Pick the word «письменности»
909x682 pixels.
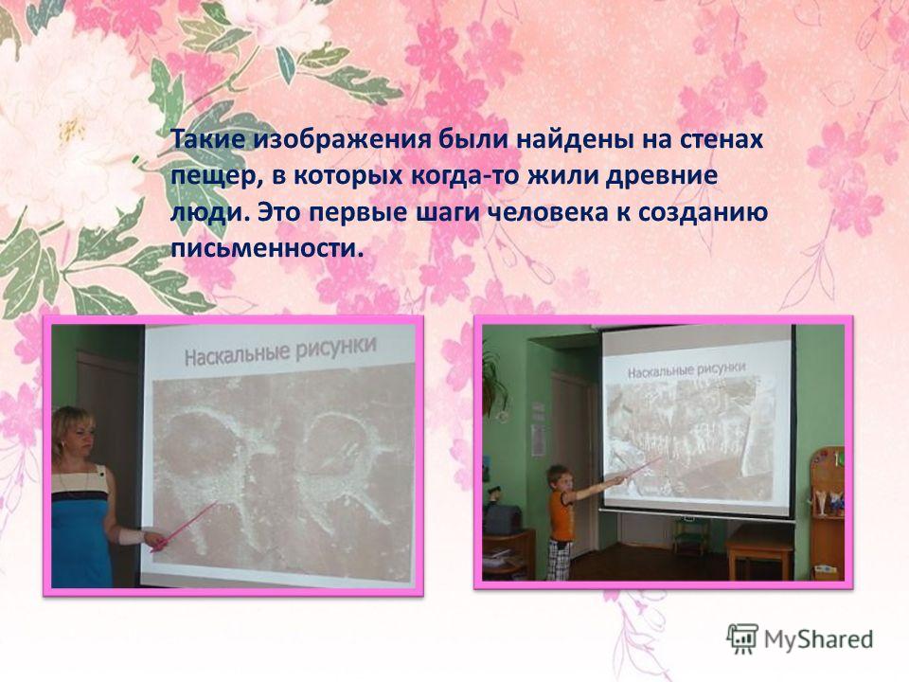pyautogui.click(x=271, y=249)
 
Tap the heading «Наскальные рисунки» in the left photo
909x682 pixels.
pyautogui.click(x=280, y=350)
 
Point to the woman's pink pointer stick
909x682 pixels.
pyautogui.click(x=184, y=526)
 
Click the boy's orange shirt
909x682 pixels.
pyautogui.click(x=561, y=513)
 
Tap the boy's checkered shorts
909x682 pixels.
pyautogui.click(x=560, y=560)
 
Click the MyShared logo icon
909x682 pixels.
pyautogui.click(x=742, y=639)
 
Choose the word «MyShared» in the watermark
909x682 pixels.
pyautogui.click(x=818, y=639)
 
